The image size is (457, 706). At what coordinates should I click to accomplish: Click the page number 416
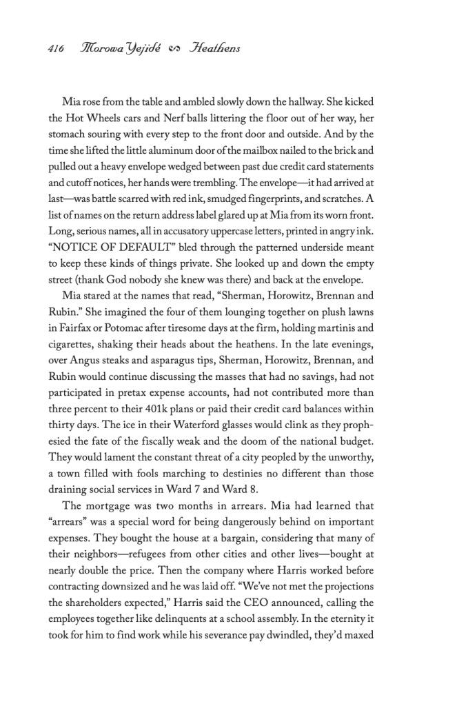pos(56,48)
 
